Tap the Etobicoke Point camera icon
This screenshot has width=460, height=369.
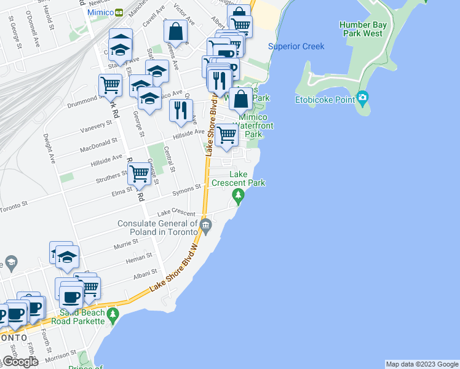click(362, 97)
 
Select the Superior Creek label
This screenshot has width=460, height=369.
click(296, 47)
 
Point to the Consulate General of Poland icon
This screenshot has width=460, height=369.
click(206, 226)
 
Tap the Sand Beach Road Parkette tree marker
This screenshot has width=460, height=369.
click(112, 316)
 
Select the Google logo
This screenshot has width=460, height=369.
click(20, 362)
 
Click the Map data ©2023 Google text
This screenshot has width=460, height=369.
click(421, 364)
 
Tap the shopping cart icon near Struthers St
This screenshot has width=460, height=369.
click(140, 173)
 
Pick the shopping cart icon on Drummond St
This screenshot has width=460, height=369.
click(111, 85)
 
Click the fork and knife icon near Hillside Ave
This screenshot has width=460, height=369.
click(180, 110)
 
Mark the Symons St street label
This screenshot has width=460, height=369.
click(188, 188)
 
